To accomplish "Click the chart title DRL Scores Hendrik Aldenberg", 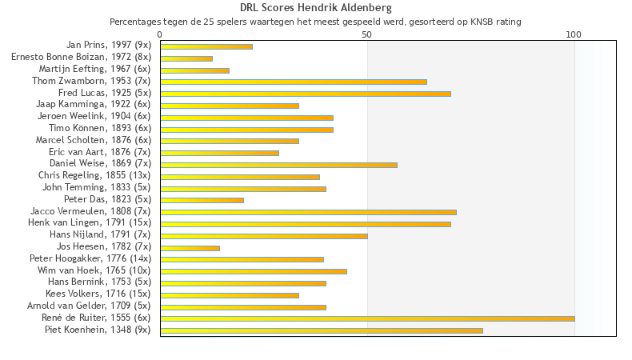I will (x=315, y=8).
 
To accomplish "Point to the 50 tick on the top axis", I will (x=367, y=34).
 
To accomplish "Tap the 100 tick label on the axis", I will (x=574, y=34).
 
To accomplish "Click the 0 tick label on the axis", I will (x=160, y=34).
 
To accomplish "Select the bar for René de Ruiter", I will (x=367, y=318).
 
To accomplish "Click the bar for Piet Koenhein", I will (x=321, y=330).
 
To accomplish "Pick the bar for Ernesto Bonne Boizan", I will (x=186, y=58).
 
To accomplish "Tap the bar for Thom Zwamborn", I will (x=293, y=82).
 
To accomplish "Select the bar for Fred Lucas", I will (x=305, y=94).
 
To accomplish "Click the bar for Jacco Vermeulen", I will (x=308, y=212).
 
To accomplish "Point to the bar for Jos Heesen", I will (x=190, y=248).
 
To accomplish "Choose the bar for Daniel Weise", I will (x=278, y=165).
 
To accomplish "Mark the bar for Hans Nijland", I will (x=263, y=236).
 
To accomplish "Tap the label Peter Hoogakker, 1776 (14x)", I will (x=90, y=258).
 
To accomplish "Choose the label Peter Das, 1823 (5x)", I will (x=107, y=199).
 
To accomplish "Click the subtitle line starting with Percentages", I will (x=315, y=22).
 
